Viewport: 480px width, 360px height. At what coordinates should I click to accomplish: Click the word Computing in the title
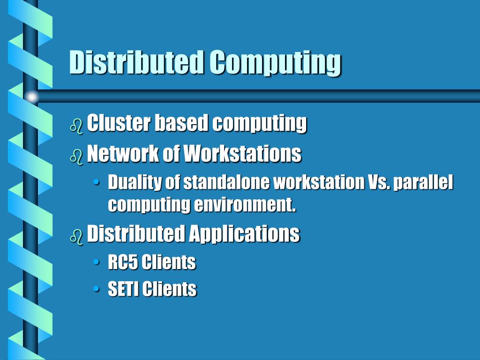coord(275,63)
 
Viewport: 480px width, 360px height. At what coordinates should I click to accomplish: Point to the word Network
coord(123,153)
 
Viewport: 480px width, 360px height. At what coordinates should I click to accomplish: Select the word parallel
coord(423,183)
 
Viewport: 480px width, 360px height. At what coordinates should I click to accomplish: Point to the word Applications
coord(244,234)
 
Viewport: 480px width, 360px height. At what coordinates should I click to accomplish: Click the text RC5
coord(122,262)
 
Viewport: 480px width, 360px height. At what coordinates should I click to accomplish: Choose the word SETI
coord(123,289)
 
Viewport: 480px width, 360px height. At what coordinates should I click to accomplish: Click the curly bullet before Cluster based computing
coord(76,126)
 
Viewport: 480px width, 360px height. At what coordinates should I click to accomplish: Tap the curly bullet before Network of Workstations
coord(76,156)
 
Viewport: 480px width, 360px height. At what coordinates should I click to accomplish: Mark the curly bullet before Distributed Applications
coord(76,236)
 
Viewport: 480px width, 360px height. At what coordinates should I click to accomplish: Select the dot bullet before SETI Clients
coord(97,289)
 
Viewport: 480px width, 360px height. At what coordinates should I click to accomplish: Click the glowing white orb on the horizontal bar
coord(32,97)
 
